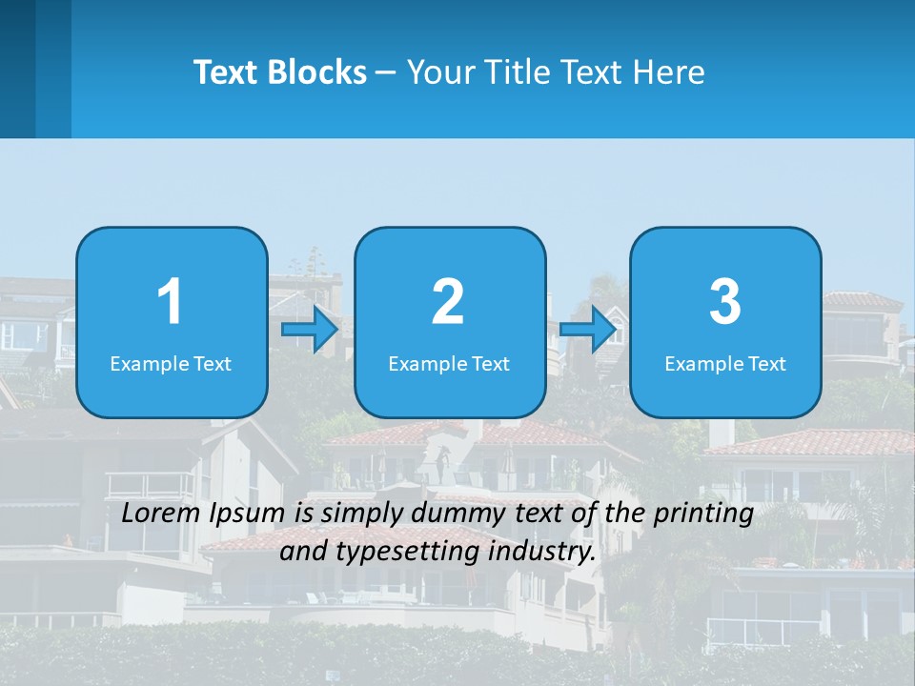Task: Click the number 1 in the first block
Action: [x=170, y=302]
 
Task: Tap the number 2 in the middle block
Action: [x=448, y=302]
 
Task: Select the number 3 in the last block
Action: [x=725, y=302]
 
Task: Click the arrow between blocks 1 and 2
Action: [x=310, y=330]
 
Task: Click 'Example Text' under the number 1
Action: [x=171, y=363]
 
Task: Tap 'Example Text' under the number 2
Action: [x=449, y=363]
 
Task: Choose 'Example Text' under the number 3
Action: [x=725, y=363]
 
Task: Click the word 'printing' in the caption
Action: [x=703, y=514]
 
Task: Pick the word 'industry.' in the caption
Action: [x=543, y=552]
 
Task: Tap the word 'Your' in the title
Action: [x=439, y=71]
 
